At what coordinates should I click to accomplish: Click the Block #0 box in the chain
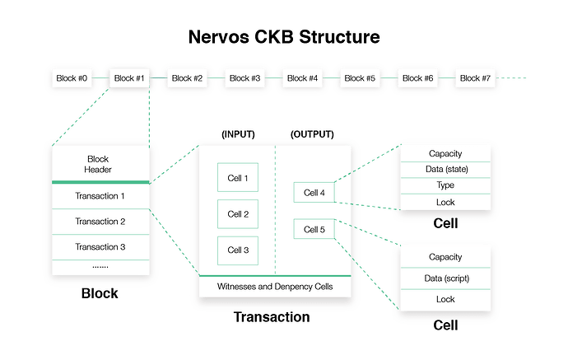pos(72,78)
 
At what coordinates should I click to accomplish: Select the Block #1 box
pos(129,78)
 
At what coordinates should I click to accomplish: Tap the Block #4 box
pos(302,78)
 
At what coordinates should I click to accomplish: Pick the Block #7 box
pos(475,78)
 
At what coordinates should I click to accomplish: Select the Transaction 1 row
pos(100,196)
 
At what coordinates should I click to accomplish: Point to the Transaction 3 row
pos(100,247)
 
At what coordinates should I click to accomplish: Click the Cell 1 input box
pos(238,177)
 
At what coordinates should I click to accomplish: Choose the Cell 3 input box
pos(238,250)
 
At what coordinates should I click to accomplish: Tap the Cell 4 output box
pos(314,193)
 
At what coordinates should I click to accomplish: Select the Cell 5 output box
pos(314,229)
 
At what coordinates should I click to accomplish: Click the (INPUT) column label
pos(239,134)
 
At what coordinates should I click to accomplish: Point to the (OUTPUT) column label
pos(312,134)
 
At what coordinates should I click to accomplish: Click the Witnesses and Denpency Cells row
pos(275,287)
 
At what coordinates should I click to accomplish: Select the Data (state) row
pos(445,170)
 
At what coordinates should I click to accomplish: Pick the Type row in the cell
pos(445,185)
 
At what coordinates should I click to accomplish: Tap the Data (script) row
pos(445,278)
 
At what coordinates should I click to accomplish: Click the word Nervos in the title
pos(219,37)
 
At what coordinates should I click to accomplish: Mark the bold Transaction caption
pos(272,317)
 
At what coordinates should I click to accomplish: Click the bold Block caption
pos(100,293)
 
